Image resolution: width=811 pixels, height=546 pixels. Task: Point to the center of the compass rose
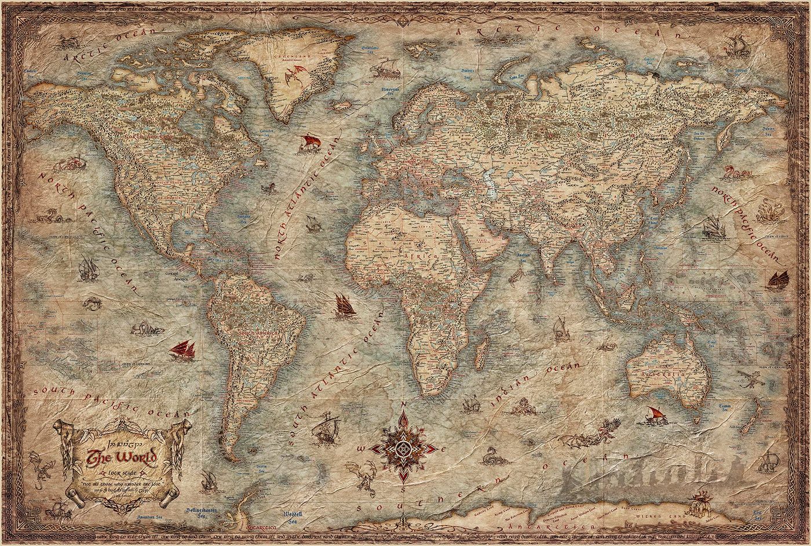405,448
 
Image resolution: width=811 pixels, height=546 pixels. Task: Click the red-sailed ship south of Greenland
309,143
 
